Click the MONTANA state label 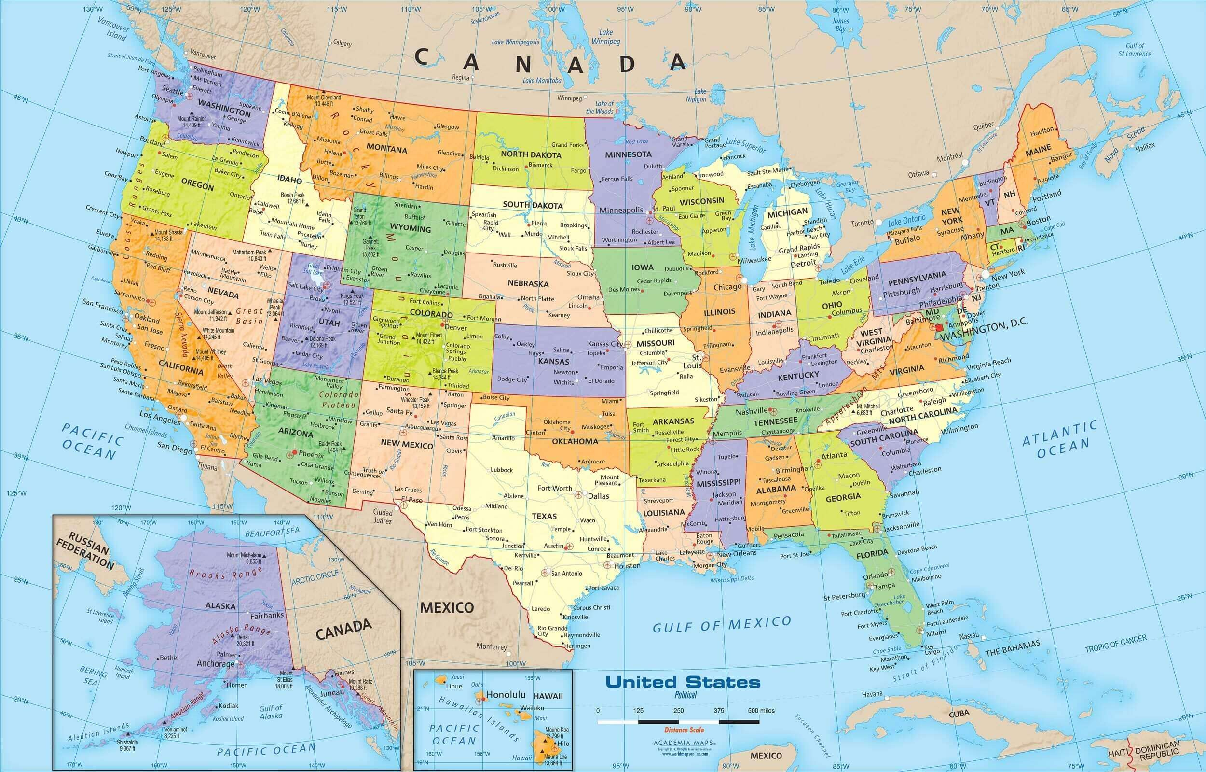[x=386, y=149]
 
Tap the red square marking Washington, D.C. [x=939, y=327]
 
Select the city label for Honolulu [x=506, y=694]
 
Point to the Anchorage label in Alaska [x=215, y=663]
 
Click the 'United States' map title [x=683, y=682]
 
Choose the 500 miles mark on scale [x=761, y=710]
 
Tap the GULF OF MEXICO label [x=721, y=624]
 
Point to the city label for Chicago [x=727, y=287]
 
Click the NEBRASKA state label [x=528, y=283]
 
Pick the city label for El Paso [x=411, y=499]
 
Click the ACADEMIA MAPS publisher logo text [x=684, y=743]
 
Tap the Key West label [x=882, y=669]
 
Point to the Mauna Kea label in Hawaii [x=556, y=730]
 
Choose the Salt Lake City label [x=305, y=287]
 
